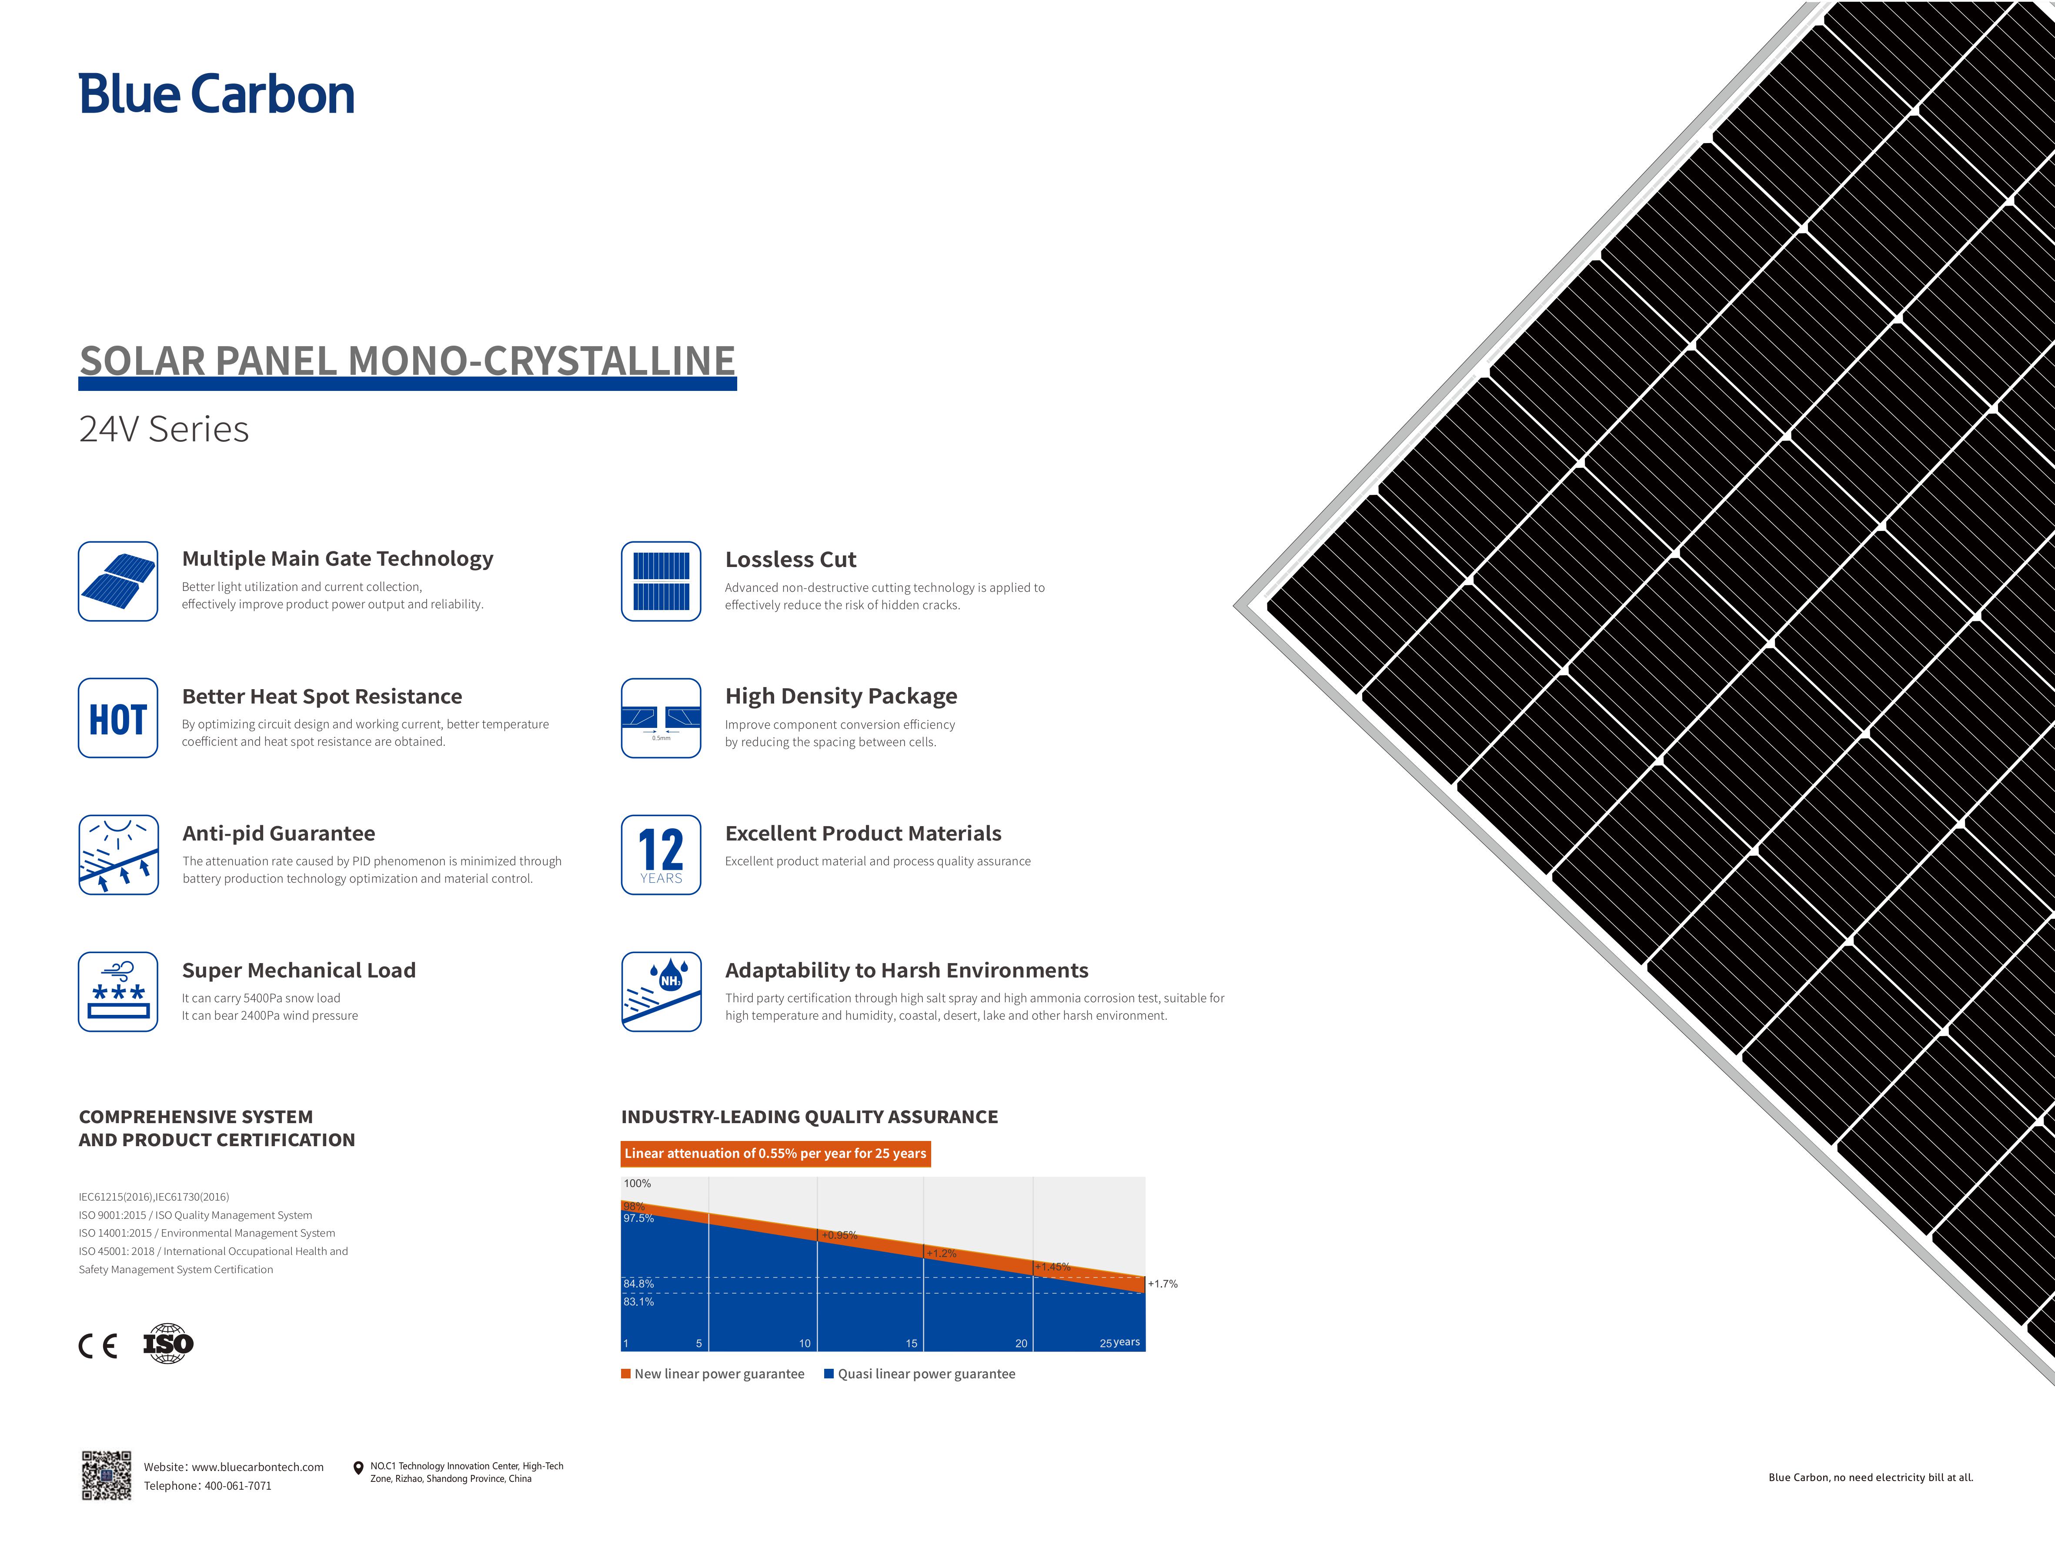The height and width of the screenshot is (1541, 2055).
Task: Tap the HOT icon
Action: coord(118,718)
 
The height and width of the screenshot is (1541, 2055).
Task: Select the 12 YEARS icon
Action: coord(661,854)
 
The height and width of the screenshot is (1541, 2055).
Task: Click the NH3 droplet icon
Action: coord(661,991)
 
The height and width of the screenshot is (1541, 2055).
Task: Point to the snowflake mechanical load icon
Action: coord(118,991)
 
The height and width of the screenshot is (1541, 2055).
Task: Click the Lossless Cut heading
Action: coord(791,559)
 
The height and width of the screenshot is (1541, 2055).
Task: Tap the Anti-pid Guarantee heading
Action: coord(279,833)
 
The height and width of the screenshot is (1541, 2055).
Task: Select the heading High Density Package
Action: coord(841,696)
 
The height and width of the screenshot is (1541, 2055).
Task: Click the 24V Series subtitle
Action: coord(164,429)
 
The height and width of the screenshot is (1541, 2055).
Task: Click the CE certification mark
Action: coord(97,1346)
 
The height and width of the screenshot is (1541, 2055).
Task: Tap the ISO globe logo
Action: coord(168,1343)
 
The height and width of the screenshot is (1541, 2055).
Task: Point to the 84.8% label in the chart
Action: coord(638,1284)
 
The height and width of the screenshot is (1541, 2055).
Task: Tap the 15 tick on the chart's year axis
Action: coord(911,1343)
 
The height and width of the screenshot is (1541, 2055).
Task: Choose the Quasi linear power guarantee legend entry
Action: coord(920,1374)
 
